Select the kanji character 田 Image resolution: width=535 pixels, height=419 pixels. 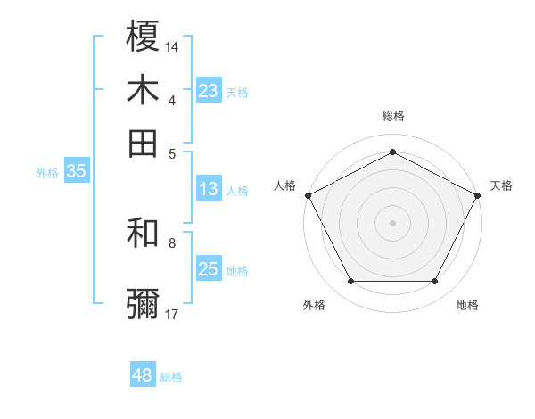[x=144, y=142]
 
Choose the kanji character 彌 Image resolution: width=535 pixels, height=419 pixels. [x=144, y=303]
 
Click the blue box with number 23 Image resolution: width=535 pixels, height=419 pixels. [x=208, y=90]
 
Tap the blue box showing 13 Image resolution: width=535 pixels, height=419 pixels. [x=208, y=189]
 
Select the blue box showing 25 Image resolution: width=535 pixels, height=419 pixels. [x=208, y=269]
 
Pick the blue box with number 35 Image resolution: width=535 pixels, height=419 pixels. [x=76, y=172]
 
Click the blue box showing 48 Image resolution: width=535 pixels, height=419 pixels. [x=142, y=375]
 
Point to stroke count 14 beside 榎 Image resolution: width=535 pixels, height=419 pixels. [x=172, y=45]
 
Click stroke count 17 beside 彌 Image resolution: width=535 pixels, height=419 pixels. [x=172, y=314]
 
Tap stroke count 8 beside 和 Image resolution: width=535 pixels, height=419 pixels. [x=172, y=242]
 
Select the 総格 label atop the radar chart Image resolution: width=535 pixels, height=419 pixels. [x=393, y=117]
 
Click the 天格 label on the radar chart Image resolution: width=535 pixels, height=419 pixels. [x=501, y=185]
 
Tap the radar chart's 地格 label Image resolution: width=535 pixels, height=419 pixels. [x=467, y=305]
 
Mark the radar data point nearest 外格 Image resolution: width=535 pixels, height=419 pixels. [x=350, y=282]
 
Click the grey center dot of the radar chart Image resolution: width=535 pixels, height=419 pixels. [x=392, y=222]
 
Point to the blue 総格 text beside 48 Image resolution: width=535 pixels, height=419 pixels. [x=171, y=377]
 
